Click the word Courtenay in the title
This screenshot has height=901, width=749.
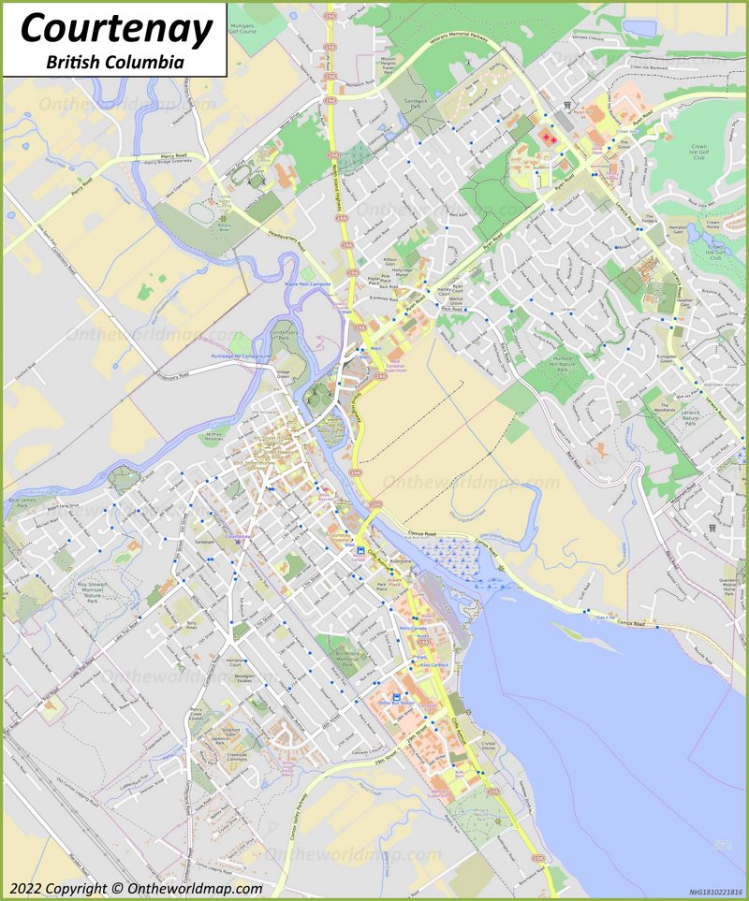117,29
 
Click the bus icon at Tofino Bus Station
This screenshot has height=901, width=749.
396,699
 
